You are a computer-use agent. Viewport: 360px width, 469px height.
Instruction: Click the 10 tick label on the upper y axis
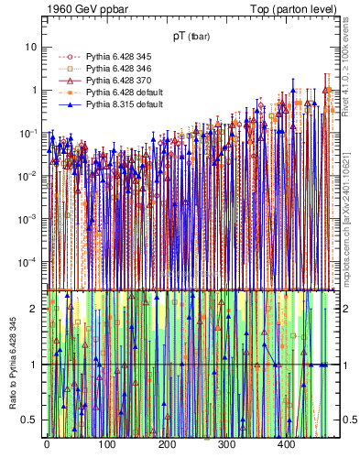(x=31, y=47)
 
